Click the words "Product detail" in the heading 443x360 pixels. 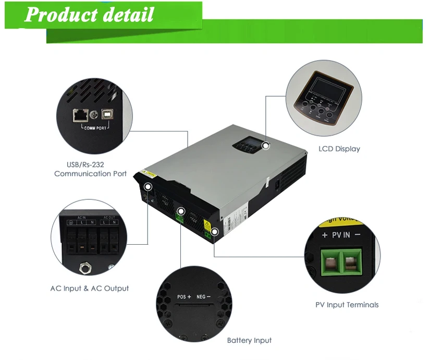point(89,15)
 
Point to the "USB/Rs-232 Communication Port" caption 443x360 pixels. point(90,169)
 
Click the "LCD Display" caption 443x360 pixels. point(339,149)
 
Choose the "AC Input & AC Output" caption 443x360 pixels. point(89,288)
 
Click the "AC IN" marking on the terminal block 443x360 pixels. point(82,217)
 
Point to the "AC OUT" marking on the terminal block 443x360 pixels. point(109,217)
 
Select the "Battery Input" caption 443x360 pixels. point(249,340)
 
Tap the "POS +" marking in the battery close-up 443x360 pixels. point(184,297)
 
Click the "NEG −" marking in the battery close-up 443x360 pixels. point(204,297)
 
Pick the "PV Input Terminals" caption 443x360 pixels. point(347,305)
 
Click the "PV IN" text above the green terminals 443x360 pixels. point(341,236)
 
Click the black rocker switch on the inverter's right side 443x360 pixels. point(278,183)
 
